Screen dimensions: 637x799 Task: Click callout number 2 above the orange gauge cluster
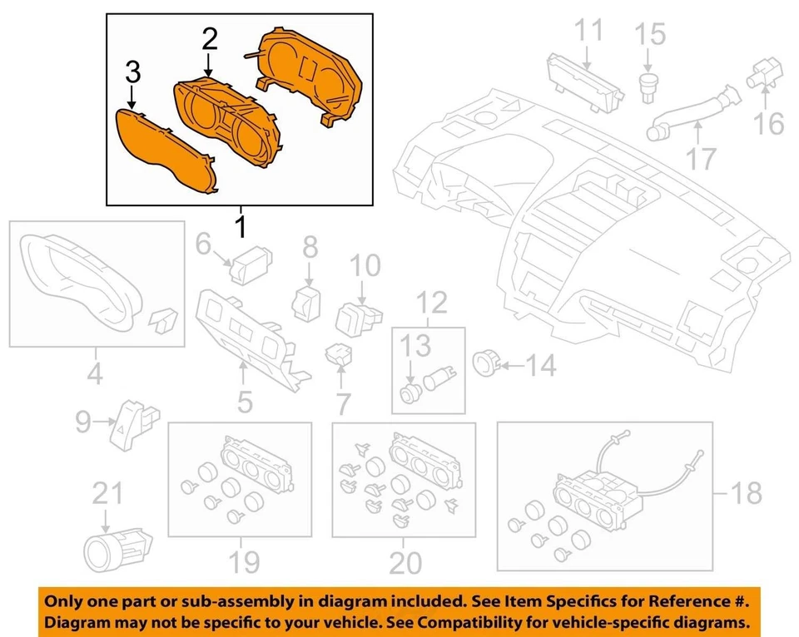(x=209, y=37)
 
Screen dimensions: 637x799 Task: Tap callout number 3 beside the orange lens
(x=132, y=72)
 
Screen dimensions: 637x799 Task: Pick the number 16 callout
(x=770, y=123)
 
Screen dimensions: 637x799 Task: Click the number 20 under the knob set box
(x=405, y=564)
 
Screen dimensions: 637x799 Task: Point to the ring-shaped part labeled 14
(x=484, y=362)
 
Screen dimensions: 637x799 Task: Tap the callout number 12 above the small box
(x=432, y=302)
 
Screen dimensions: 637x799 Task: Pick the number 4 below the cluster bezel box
(x=96, y=375)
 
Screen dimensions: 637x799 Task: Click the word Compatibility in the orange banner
(x=489, y=623)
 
